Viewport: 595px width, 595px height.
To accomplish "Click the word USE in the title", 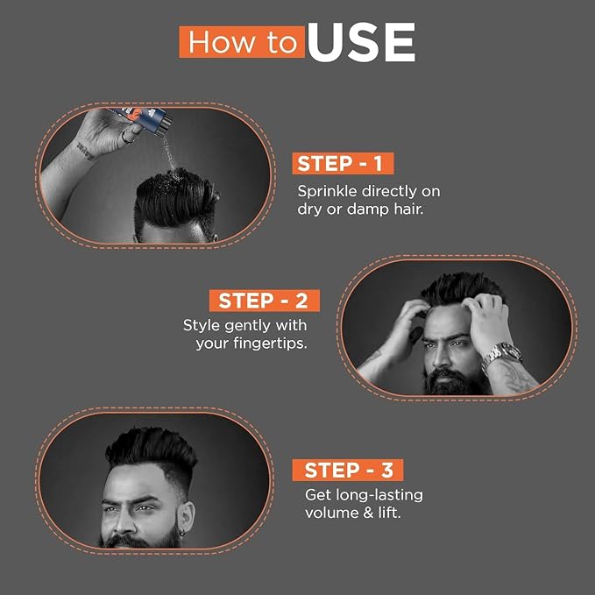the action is pos(361,42).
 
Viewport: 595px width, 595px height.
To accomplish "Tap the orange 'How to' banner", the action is pos(242,42).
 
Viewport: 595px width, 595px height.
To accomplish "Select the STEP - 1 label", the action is pos(343,163).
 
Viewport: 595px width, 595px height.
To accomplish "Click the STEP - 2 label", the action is pos(265,301).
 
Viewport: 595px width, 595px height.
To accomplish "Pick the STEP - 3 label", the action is pos(348,470).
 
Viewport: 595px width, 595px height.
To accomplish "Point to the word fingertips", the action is pos(270,344).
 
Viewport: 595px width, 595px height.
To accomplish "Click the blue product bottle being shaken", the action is pos(141,119).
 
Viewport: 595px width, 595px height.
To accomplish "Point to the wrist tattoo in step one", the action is pos(85,150).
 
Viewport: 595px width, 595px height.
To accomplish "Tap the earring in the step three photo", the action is pos(182,534).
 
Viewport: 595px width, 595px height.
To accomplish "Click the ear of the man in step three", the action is pos(187,517).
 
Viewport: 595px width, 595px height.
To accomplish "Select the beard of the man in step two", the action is pos(456,379).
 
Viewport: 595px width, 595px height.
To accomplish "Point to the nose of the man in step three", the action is pos(126,521).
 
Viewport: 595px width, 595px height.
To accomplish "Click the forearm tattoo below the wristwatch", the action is pos(513,377).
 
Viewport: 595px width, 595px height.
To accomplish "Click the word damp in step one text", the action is pos(368,209).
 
